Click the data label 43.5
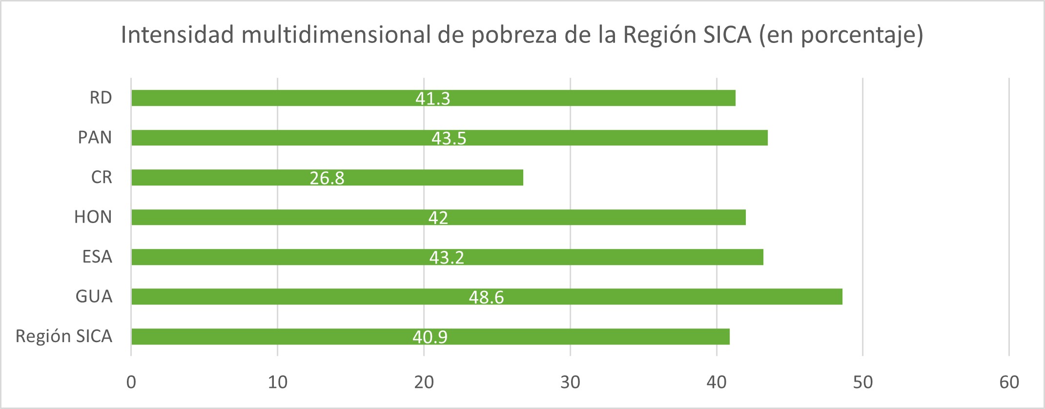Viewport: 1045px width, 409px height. tap(449, 139)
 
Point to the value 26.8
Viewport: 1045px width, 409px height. tap(327, 178)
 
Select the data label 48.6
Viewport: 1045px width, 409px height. tap(486, 297)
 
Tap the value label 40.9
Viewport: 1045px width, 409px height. tap(430, 337)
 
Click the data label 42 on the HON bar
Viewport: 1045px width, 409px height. tap(438, 218)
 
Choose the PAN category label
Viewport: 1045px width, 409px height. tap(95, 138)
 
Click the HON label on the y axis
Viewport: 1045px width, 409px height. tap(93, 217)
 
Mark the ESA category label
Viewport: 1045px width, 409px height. tap(97, 257)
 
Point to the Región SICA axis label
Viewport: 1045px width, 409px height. tap(64, 336)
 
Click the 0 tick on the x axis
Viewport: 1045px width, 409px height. tap(131, 382)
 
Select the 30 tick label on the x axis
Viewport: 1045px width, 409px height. tap(570, 382)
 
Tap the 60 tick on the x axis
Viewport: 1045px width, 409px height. tap(1009, 382)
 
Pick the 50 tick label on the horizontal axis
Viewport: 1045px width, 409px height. tap(862, 382)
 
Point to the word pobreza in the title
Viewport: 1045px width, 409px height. tap(514, 35)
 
